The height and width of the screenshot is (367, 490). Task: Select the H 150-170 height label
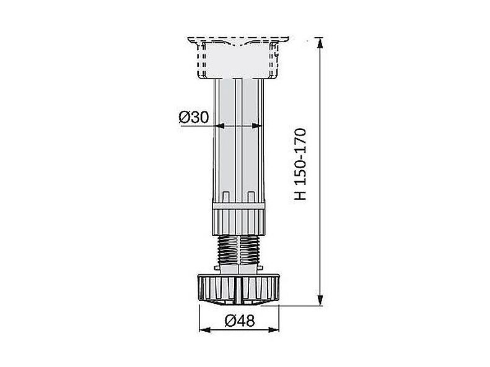tap(300, 164)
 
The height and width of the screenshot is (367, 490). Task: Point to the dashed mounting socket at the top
tap(238, 59)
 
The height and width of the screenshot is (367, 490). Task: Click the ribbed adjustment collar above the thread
tap(238, 218)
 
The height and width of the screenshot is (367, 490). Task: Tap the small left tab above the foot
tap(217, 267)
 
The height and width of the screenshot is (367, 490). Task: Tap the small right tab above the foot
tap(261, 267)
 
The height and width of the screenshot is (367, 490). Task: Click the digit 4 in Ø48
tap(240, 321)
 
